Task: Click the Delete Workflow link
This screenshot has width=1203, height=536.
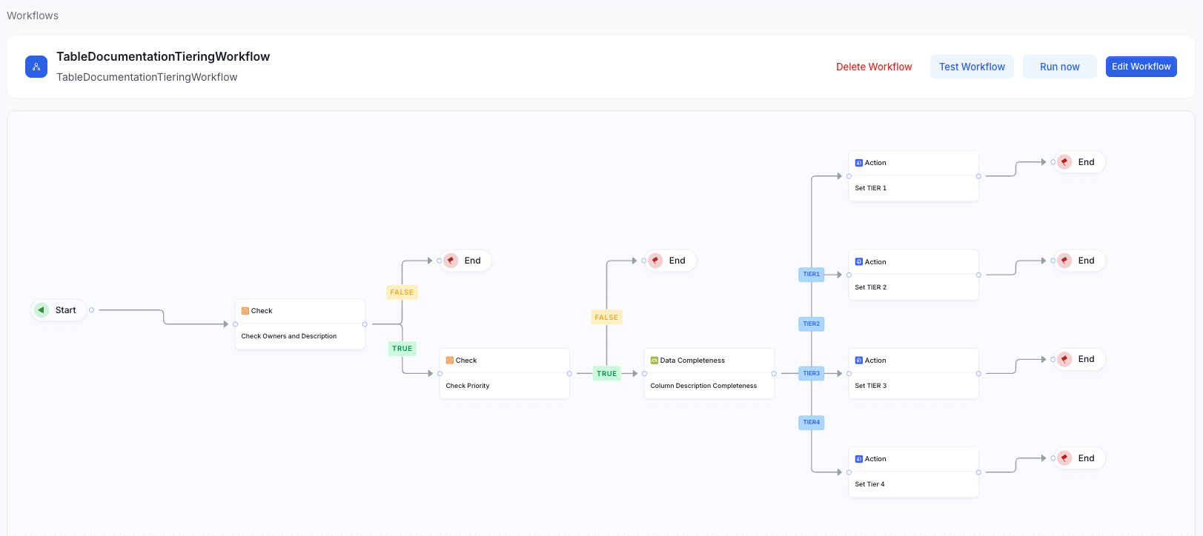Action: [x=874, y=67]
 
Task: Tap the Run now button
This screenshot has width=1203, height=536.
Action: [x=1059, y=67]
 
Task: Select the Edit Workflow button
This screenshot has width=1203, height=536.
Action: [x=1141, y=67]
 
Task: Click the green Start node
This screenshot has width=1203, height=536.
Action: [x=58, y=310]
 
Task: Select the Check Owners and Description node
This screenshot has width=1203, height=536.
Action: [x=299, y=324]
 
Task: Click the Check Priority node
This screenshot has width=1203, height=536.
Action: [x=504, y=374]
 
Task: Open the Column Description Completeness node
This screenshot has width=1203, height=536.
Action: [x=709, y=374]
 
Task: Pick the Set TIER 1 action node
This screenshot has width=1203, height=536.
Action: [x=913, y=176]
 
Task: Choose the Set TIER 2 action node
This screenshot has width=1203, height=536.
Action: [x=913, y=275]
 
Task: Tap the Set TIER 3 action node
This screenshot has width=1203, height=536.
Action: [x=913, y=374]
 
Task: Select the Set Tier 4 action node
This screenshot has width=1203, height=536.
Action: [x=913, y=472]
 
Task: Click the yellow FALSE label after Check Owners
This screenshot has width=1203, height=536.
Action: [x=402, y=292]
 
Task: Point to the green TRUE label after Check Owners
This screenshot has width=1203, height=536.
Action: [x=402, y=349]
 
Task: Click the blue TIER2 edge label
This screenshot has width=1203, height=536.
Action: [x=812, y=324]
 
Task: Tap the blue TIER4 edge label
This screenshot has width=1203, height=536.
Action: [x=812, y=423]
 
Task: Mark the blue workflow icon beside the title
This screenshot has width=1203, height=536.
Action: [x=36, y=67]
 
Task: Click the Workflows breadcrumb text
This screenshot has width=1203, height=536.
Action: [x=33, y=16]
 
